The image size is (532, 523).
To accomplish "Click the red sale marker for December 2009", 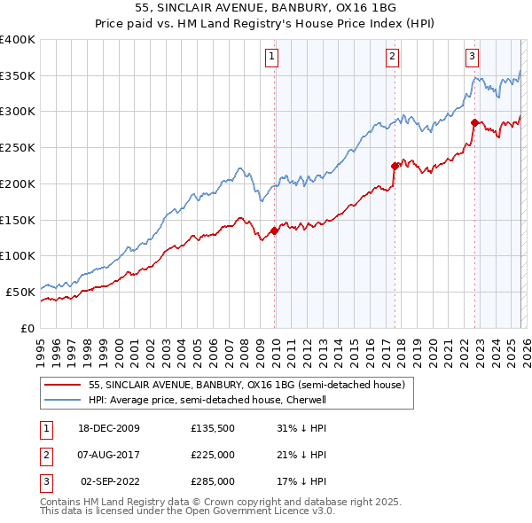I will click(274, 230).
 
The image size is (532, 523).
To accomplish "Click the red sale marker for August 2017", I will click(395, 165).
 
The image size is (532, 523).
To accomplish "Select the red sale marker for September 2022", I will click(474, 122).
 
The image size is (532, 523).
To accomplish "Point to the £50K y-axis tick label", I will click(21, 291).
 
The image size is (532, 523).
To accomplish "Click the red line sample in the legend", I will click(63, 385).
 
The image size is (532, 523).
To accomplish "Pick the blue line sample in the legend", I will click(63, 400).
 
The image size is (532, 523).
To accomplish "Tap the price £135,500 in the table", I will click(212, 428).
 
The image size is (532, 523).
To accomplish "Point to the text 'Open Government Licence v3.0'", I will click(261, 511).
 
